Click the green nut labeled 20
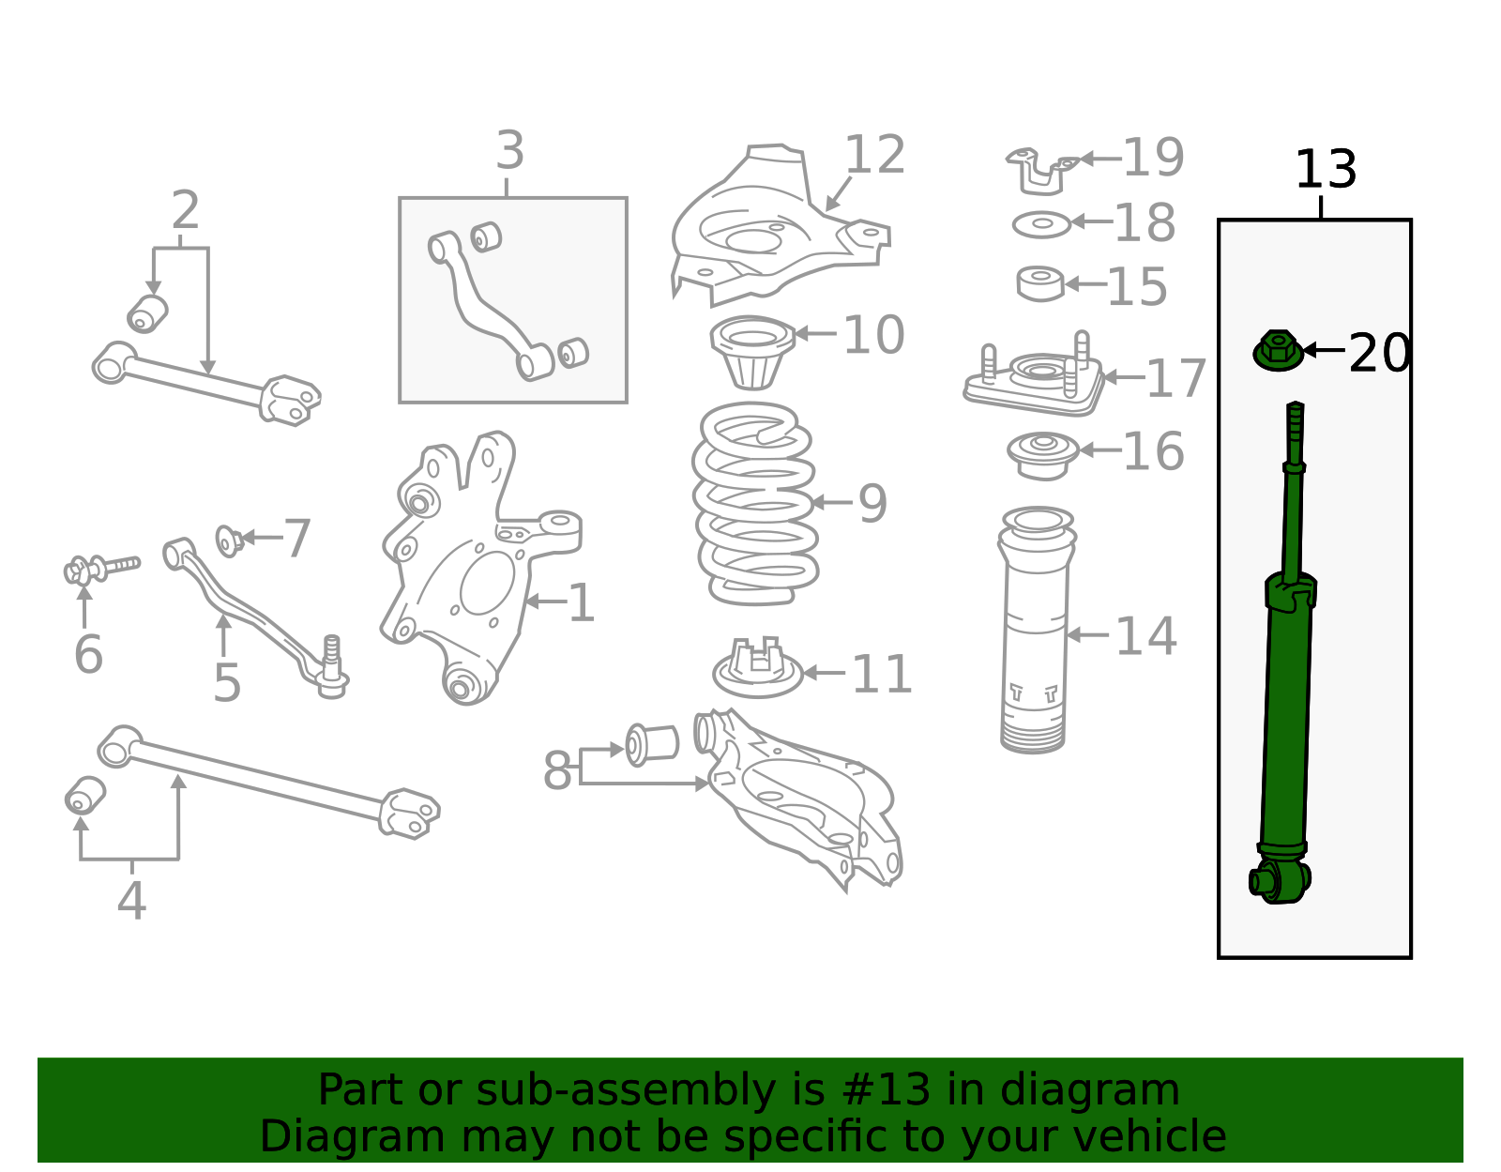point(1278,350)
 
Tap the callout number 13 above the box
point(1326,170)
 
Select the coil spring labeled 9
point(755,504)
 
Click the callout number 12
point(874,155)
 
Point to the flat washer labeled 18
point(1041,224)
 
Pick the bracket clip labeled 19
point(1041,171)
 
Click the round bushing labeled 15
point(1040,283)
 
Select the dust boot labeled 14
point(1036,631)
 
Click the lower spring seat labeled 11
point(758,668)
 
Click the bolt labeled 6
point(101,569)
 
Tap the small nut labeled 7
point(229,540)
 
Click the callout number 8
point(557,770)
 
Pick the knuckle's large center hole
point(488,583)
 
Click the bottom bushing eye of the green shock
point(1280,880)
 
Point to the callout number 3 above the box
point(509,150)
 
